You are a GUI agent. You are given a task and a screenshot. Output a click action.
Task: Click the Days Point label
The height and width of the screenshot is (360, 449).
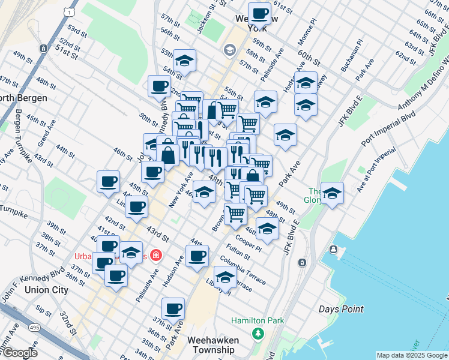341,309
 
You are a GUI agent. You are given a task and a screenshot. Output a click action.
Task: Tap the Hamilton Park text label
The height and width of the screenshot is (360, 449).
258,321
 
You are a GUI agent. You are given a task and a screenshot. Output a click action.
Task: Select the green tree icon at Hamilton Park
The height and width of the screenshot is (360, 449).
258,333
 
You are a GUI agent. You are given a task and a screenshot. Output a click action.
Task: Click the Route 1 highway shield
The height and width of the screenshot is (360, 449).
71,11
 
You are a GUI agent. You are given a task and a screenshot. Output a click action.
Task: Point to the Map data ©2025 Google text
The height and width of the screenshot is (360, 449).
411,355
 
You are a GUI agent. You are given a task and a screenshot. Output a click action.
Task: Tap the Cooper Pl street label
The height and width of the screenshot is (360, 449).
248,242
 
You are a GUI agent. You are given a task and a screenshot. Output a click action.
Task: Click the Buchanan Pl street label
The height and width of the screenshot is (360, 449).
352,56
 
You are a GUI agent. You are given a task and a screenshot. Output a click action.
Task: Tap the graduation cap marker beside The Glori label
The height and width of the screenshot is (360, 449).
332,194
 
